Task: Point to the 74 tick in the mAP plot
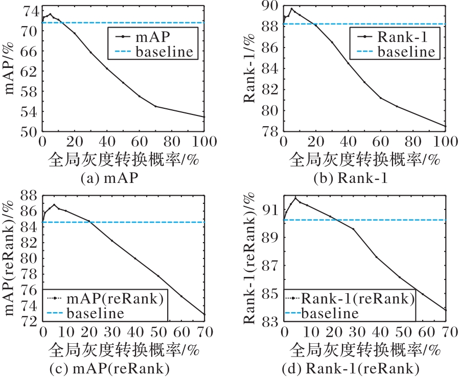[30, 11]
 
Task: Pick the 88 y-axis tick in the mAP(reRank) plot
[30, 195]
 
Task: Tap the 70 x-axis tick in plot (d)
[444, 331]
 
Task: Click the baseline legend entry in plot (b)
[406, 51]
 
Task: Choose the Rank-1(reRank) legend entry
[357, 298]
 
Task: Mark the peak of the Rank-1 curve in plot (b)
[292, 9]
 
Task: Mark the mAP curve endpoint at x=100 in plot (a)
[204, 117]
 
